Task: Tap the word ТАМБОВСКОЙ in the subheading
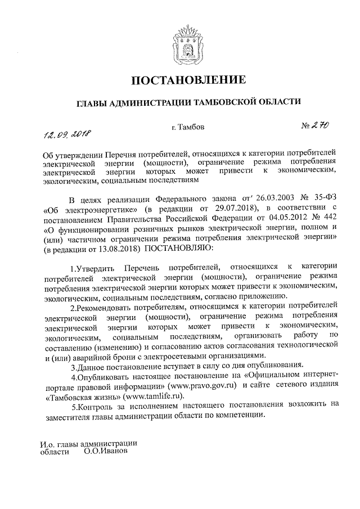pyautogui.click(x=227, y=102)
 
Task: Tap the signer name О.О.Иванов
pyautogui.click(x=105, y=452)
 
